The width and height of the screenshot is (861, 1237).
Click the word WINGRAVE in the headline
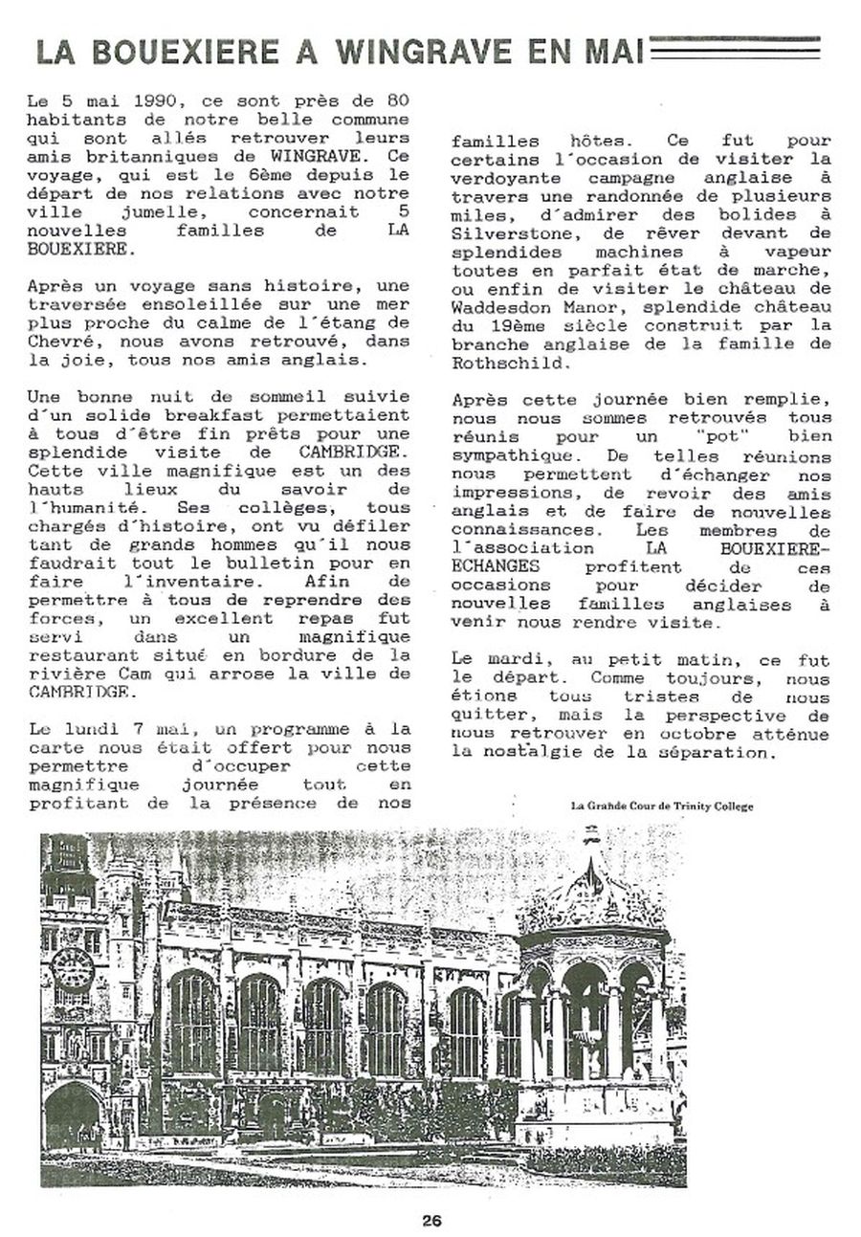tap(434, 51)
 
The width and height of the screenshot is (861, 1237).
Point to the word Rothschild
tap(503, 363)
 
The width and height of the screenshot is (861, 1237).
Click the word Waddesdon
tap(503, 307)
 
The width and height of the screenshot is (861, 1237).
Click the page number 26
tap(430, 1220)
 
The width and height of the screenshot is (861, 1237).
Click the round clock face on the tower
tap(73, 969)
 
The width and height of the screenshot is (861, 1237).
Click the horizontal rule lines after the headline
tap(734, 48)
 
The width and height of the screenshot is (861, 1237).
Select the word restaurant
tap(77, 656)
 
